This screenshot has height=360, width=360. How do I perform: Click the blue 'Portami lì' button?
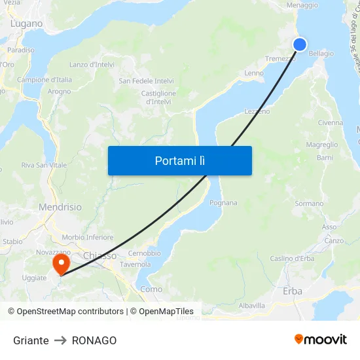179,160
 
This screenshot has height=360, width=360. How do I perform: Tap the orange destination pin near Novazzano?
61,264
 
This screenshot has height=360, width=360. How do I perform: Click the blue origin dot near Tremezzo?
299,44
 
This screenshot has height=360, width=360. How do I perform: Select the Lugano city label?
26,24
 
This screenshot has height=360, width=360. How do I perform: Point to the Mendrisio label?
60,207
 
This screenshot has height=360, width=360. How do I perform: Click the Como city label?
151,289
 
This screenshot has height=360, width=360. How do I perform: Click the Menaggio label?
302,5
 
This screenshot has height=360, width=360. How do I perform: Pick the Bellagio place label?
321,54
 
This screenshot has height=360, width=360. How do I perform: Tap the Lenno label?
254,73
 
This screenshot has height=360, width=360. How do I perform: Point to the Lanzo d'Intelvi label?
92,64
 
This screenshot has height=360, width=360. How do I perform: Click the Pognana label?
223,203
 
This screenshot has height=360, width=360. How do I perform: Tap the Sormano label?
309,204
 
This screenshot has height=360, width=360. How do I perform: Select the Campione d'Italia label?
45,80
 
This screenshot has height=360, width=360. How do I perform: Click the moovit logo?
321,339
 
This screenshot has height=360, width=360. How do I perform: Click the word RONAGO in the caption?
94,340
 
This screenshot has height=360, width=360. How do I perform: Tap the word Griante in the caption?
31,340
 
